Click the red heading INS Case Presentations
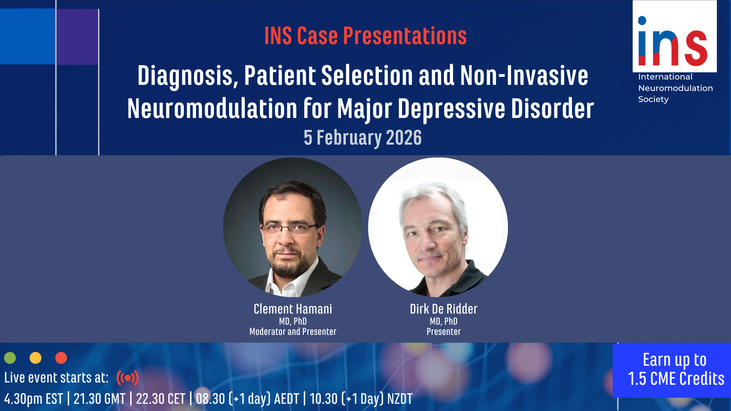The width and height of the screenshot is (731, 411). [x=365, y=36]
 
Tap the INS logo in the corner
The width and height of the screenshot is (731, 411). [x=675, y=36]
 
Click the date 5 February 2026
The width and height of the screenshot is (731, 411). [x=363, y=138]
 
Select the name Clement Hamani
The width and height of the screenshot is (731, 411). [x=293, y=309]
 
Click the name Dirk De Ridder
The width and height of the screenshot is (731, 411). [x=444, y=309]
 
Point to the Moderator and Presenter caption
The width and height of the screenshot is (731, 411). [x=293, y=332]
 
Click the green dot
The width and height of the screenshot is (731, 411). [x=10, y=358]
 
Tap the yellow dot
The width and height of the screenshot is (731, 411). [x=35, y=358]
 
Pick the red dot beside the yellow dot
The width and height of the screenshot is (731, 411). [x=61, y=358]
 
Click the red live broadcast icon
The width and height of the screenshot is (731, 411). [x=128, y=378]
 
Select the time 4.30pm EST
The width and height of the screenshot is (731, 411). [x=34, y=399]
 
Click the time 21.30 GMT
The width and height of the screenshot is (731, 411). [x=99, y=399]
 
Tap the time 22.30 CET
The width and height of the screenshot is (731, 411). [x=160, y=399]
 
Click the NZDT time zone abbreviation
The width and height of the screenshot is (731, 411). [x=400, y=399]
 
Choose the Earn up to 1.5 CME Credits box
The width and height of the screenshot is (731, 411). [x=672, y=370]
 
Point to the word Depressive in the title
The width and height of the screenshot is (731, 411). [x=452, y=109]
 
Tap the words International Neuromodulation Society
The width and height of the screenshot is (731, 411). [x=675, y=88]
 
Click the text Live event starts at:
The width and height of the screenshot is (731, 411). [x=56, y=378]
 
